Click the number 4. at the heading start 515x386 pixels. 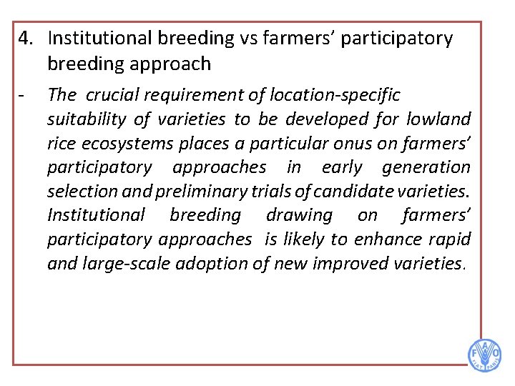coord(28,39)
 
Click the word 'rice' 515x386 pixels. coord(62,144)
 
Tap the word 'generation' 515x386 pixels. coord(426,167)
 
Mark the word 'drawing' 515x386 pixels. coord(299,215)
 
